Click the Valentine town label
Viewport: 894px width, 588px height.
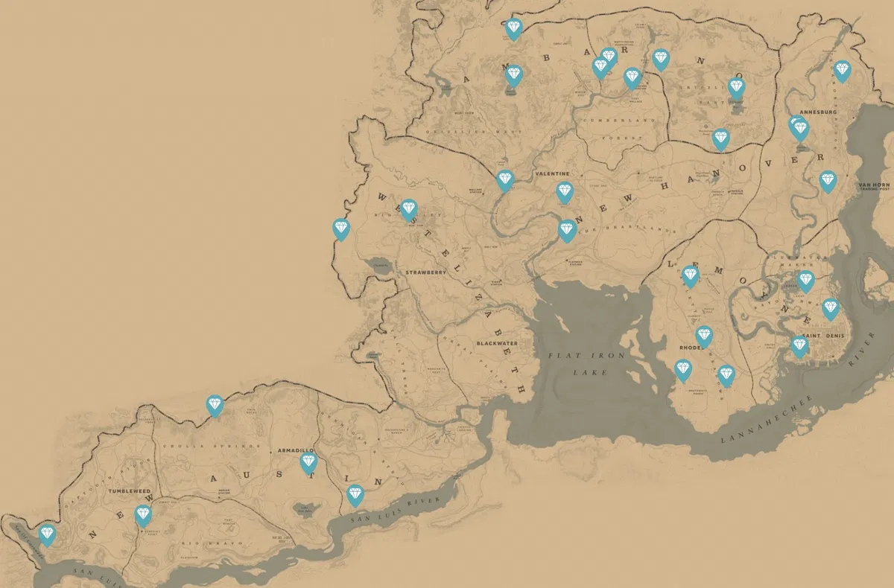(552, 173)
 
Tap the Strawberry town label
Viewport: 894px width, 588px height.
(425, 272)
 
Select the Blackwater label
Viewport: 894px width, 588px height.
(497, 345)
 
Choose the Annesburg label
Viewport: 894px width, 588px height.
(818, 112)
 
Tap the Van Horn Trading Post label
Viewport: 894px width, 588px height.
(875, 185)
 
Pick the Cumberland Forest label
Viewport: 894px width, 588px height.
(611, 128)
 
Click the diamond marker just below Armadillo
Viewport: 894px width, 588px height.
(308, 463)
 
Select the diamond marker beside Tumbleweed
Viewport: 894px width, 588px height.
(143, 515)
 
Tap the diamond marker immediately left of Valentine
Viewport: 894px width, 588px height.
(505, 180)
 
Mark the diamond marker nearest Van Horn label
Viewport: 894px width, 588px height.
(828, 181)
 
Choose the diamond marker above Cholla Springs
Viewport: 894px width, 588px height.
(215, 406)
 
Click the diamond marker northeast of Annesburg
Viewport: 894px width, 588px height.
(842, 71)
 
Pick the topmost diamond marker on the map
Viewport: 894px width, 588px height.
(513, 28)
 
